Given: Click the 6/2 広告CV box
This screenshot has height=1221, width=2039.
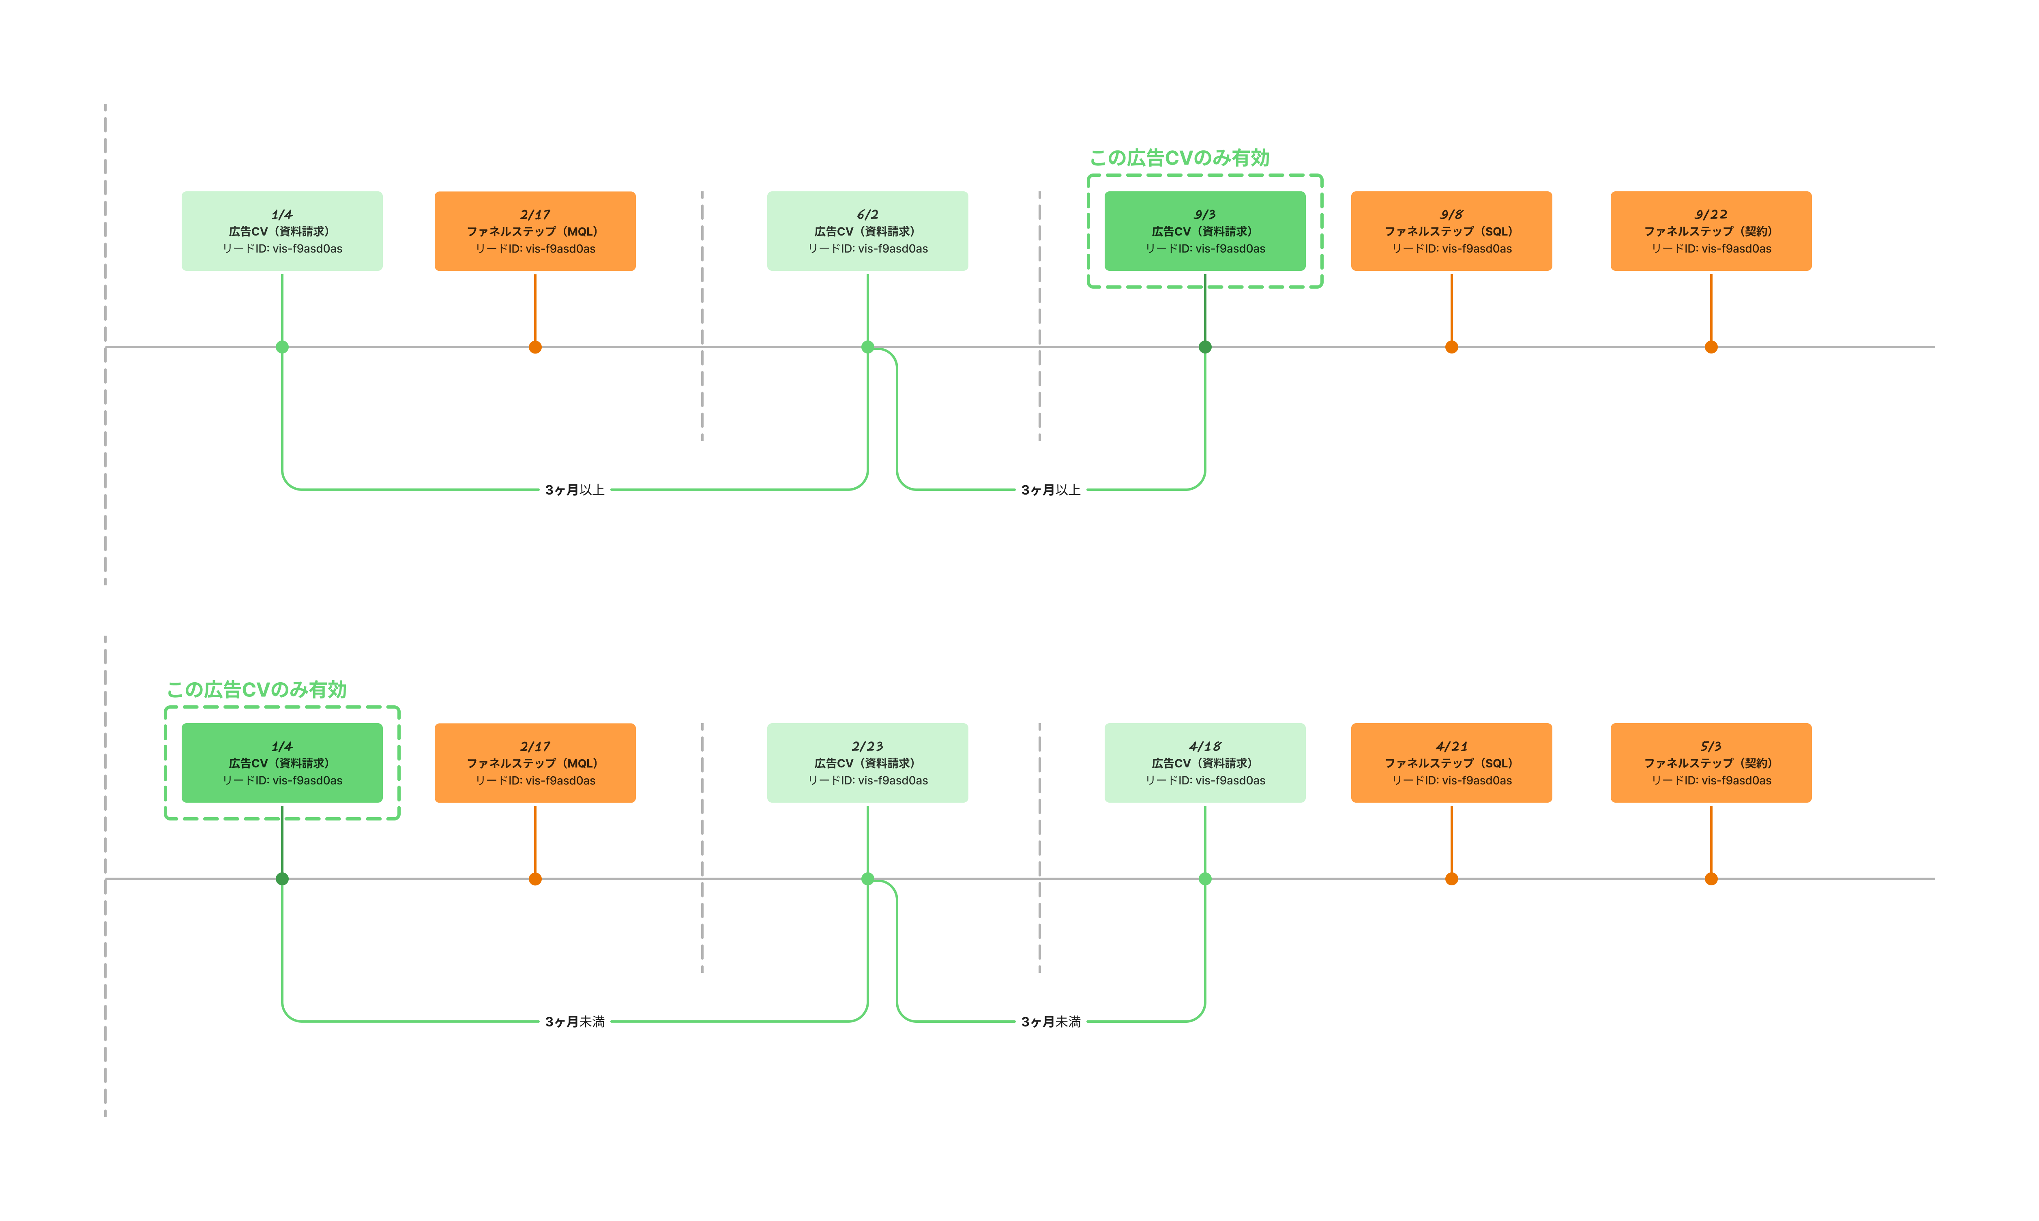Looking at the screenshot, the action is [x=867, y=231].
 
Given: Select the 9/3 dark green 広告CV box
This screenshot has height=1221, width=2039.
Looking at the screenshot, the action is [x=1205, y=231].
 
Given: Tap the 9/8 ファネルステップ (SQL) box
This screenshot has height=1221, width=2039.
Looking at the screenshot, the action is [x=1451, y=231].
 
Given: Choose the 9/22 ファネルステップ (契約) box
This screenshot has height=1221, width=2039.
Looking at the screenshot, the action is [x=1711, y=231].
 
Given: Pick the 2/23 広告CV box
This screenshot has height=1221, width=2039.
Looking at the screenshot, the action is [x=867, y=763].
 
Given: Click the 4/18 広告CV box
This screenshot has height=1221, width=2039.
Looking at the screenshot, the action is [x=1205, y=763].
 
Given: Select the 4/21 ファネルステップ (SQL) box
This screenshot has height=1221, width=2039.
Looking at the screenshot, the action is [x=1451, y=763].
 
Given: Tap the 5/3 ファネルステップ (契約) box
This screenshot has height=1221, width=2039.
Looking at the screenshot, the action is [x=1711, y=763].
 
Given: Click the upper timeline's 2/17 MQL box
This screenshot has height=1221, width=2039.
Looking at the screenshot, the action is [x=535, y=231].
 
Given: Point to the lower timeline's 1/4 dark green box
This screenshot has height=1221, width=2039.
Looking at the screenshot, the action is [x=282, y=763].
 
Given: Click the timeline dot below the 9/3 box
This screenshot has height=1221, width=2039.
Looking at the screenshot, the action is [x=1205, y=347].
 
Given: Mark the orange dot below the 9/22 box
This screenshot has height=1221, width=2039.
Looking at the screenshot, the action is [x=1711, y=347].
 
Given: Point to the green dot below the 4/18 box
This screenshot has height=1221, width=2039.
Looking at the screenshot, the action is [x=1205, y=879].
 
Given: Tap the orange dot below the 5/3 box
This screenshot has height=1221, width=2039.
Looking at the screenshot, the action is [x=1711, y=879].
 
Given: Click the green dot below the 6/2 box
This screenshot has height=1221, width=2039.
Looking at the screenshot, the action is [x=867, y=347].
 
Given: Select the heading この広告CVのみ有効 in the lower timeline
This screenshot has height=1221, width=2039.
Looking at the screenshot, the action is [x=257, y=690].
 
